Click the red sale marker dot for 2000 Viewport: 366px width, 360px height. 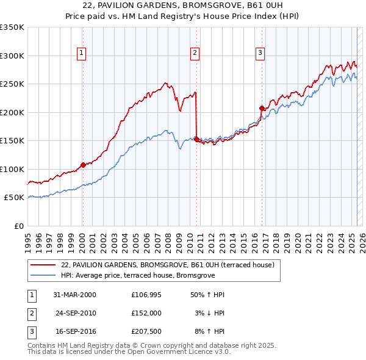pos(83,165)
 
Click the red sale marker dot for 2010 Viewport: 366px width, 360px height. pos(196,139)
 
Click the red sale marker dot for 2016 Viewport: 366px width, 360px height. pos(262,108)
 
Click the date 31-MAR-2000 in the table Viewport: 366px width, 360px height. pos(74,295)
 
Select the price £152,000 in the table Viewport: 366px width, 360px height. pos(146,313)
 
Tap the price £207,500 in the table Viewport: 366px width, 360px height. pos(146,331)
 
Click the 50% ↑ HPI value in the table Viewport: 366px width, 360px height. pos(207,295)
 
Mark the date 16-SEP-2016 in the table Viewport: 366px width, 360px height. pos(75,331)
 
